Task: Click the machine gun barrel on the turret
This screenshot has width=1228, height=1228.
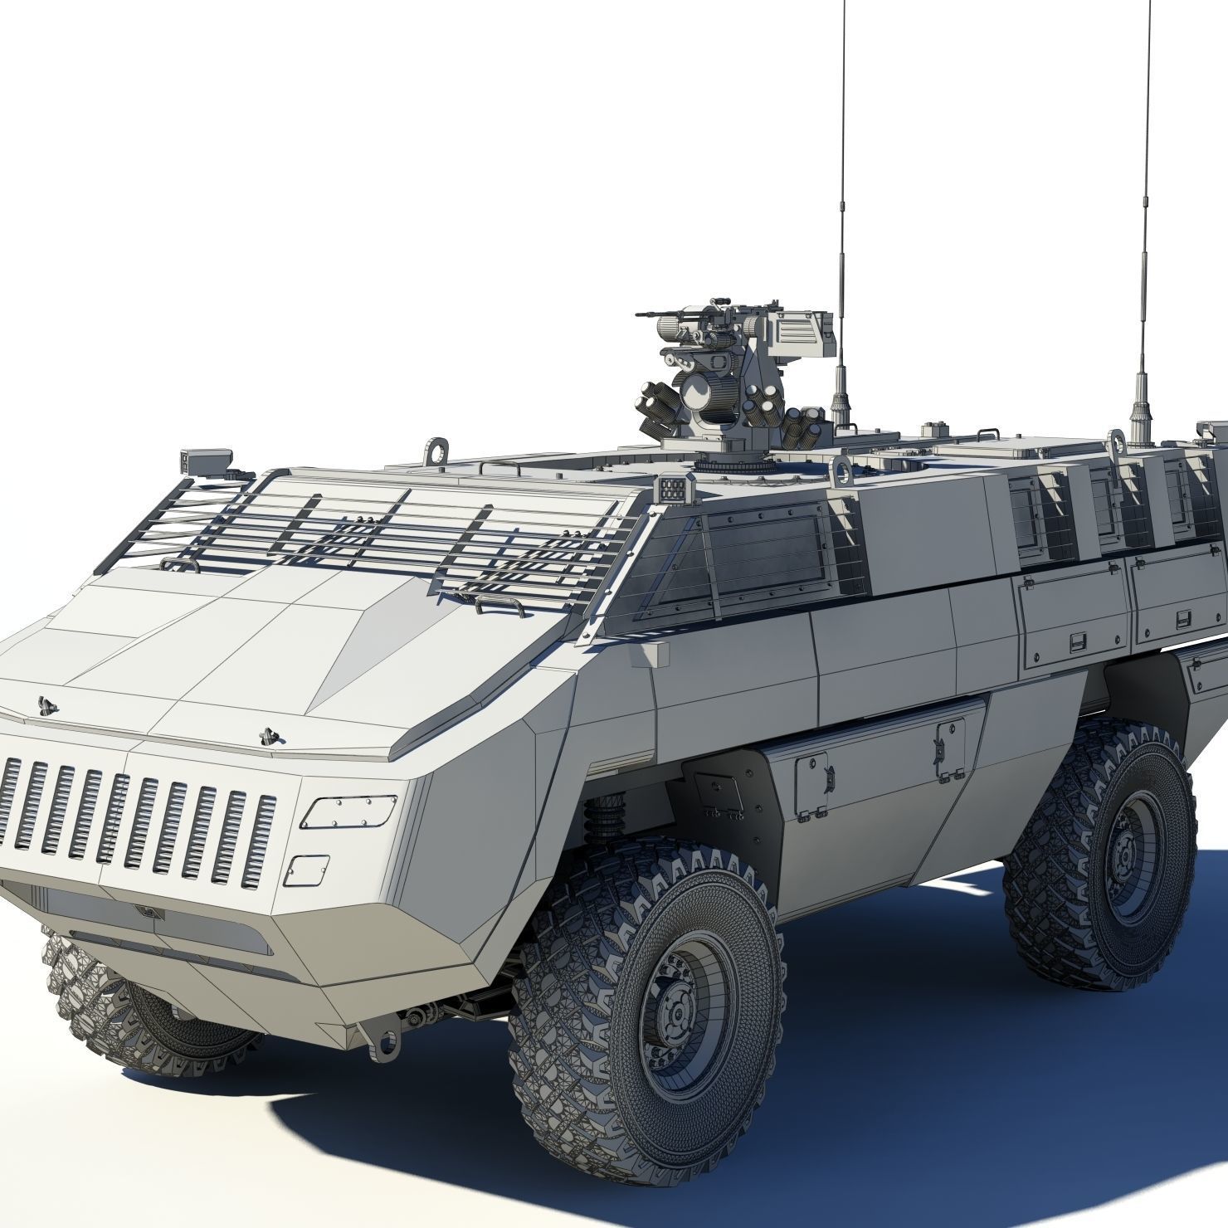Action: click(x=660, y=314)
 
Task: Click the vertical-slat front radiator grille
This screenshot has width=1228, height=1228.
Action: click(x=137, y=816)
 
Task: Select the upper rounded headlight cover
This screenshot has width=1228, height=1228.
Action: click(x=348, y=811)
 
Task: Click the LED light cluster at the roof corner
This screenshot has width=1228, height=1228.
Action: click(x=674, y=490)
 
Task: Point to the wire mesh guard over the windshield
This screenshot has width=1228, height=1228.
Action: click(x=373, y=531)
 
